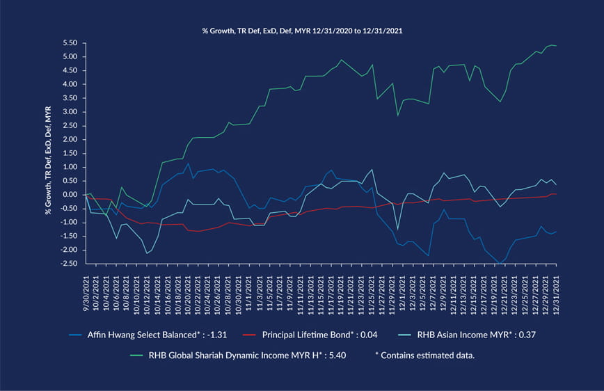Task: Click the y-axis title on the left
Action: point(49,154)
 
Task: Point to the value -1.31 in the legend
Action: point(238,333)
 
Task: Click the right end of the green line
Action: point(557,46)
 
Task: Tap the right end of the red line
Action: point(557,193)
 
